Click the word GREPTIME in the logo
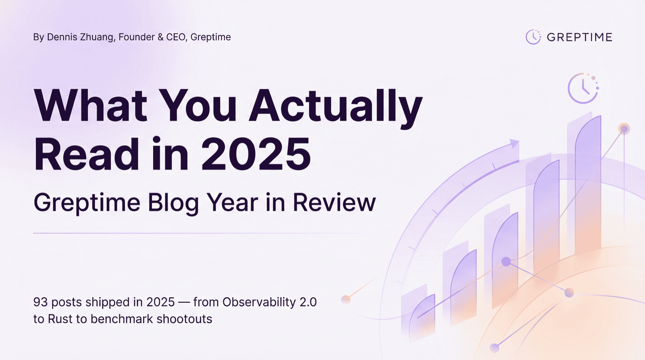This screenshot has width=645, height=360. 579,37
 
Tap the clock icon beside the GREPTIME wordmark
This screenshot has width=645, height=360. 533,37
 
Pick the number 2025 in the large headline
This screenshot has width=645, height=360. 256,154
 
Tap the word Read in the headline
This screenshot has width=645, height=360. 86,154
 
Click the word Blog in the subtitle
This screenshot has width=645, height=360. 173,202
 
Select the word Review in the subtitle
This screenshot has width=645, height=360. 334,202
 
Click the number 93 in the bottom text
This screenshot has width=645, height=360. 40,302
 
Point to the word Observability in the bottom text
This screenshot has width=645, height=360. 259,302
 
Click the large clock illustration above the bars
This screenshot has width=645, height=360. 583,88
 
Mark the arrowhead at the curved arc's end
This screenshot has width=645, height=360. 514,144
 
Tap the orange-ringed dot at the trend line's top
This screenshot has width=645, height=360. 624,129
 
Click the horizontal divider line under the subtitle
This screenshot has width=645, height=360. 205,233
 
